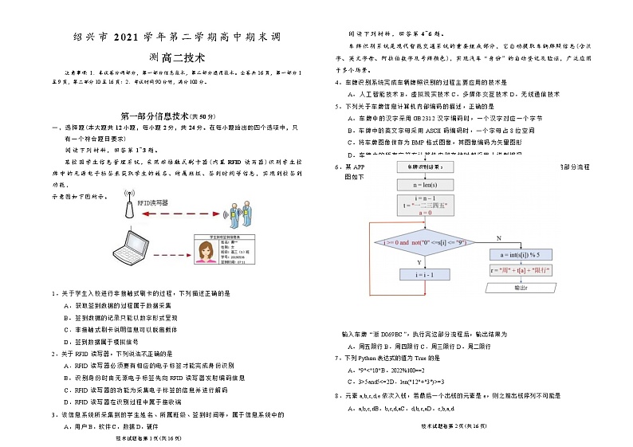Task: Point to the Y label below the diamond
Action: (419, 261)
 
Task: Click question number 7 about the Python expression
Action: (338, 359)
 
